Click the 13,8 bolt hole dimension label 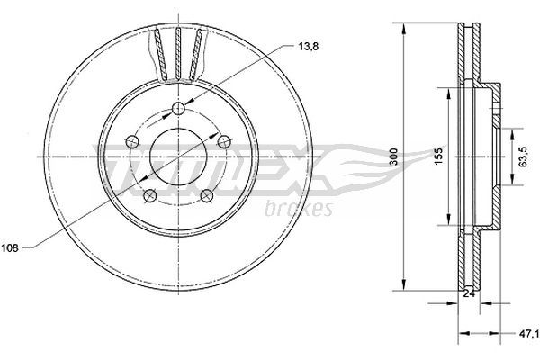pyautogui.click(x=308, y=47)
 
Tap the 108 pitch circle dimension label pyautogui.click(x=10, y=248)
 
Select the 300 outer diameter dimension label pyautogui.click(x=394, y=157)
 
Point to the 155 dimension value pyautogui.click(x=437, y=156)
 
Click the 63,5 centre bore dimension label pyautogui.click(x=523, y=157)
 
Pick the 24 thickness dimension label pyautogui.click(x=469, y=293)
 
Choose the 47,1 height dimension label pyautogui.click(x=530, y=334)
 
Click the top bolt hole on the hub pyautogui.click(x=178, y=109)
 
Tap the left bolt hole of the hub pyautogui.click(x=132, y=141)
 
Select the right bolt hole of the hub pyautogui.click(x=224, y=141)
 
